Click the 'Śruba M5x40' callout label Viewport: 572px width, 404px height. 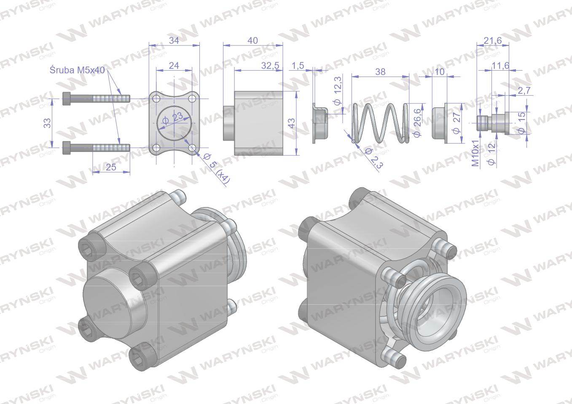(x=77, y=70)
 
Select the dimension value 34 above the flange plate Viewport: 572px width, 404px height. (x=174, y=40)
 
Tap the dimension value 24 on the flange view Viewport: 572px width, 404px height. (x=174, y=66)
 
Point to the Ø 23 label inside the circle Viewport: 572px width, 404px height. (x=172, y=119)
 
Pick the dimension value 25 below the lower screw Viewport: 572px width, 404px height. (x=111, y=167)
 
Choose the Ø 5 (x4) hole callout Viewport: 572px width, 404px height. (x=217, y=168)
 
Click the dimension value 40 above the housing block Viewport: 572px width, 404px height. (x=252, y=40)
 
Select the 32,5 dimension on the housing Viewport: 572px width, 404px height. (x=270, y=66)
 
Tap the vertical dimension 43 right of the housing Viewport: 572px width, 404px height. (x=291, y=123)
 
